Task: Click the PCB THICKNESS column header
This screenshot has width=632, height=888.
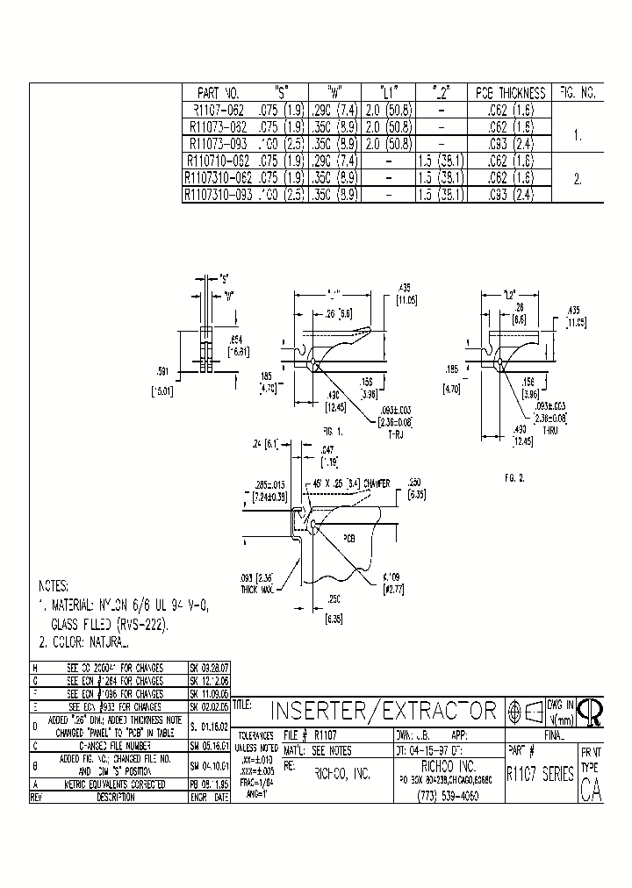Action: (510, 92)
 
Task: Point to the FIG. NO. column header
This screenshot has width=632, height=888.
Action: (578, 92)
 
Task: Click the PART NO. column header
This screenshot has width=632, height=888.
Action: (218, 92)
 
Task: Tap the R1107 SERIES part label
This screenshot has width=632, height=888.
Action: (540, 775)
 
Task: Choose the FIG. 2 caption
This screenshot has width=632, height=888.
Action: (513, 479)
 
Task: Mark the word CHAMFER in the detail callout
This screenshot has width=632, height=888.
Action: (379, 483)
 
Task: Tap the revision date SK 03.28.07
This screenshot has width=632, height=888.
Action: (209, 668)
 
